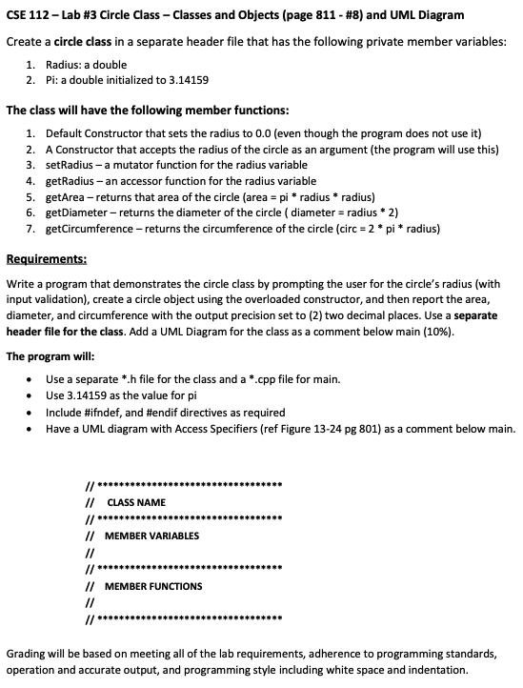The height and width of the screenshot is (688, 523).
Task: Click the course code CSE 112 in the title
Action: tap(29, 14)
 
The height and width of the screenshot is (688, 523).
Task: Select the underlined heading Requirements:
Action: tap(47, 257)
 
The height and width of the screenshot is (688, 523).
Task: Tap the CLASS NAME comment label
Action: tap(136, 502)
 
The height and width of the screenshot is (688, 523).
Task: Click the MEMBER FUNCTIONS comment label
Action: tap(152, 586)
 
